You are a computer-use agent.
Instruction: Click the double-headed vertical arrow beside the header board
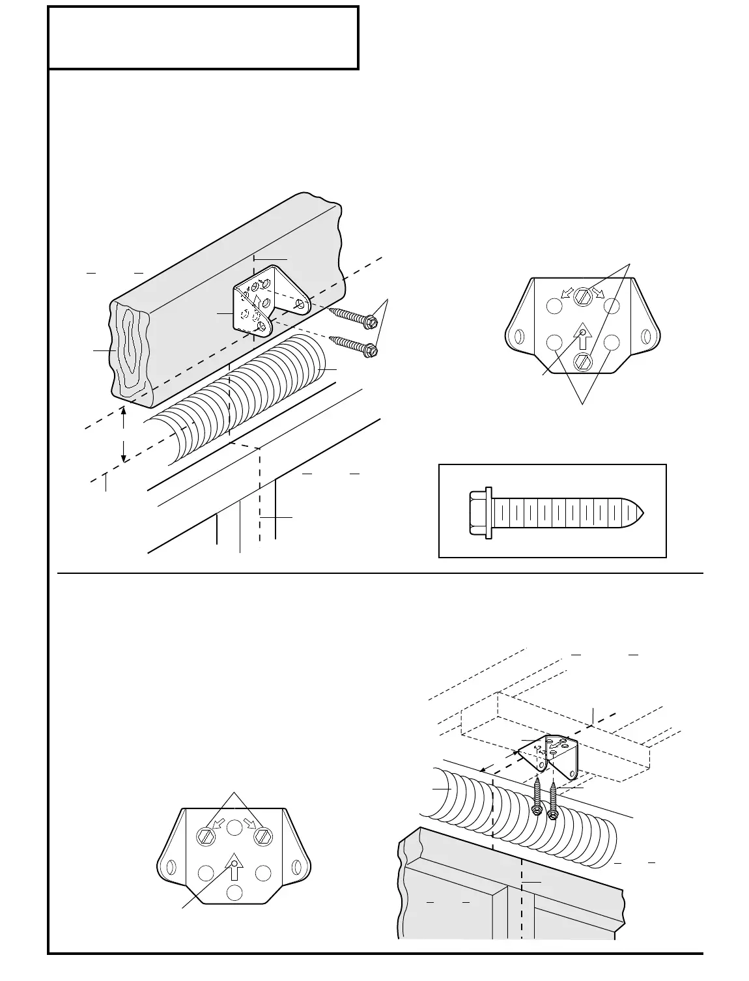pos(124,434)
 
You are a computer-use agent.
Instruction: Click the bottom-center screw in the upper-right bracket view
pos(582,361)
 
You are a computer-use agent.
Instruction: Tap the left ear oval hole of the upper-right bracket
pos(520,337)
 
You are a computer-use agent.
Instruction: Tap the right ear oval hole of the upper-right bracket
pos(645,337)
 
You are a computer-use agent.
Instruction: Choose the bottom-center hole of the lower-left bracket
pos(234,892)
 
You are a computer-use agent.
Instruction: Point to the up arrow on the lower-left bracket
pos(234,868)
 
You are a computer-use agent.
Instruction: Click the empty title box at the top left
pos(203,38)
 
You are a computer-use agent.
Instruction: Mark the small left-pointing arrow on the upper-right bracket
pos(566,293)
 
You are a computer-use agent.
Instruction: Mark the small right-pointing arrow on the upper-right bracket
pos(598,293)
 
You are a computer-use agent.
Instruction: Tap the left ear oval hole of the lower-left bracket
pos(171,868)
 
